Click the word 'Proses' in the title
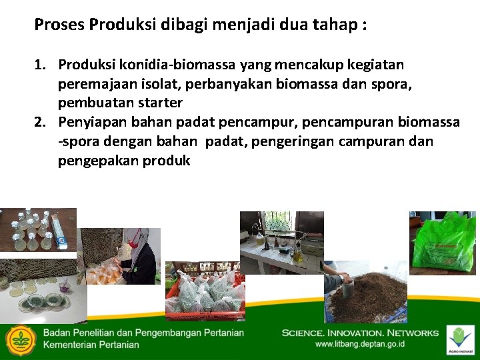pyautogui.click(x=59, y=25)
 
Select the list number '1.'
pyautogui.click(x=41, y=65)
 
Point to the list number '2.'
pyautogui.click(x=41, y=123)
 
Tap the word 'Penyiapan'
pyautogui.click(x=89, y=123)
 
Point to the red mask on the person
pyautogui.click(x=143, y=237)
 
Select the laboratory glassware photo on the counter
pyautogui.click(x=281, y=241)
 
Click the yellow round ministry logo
pyautogui.click(x=21, y=341)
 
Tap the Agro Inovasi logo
pyautogui.click(x=461, y=339)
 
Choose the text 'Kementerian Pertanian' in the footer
pyautogui.click(x=91, y=345)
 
